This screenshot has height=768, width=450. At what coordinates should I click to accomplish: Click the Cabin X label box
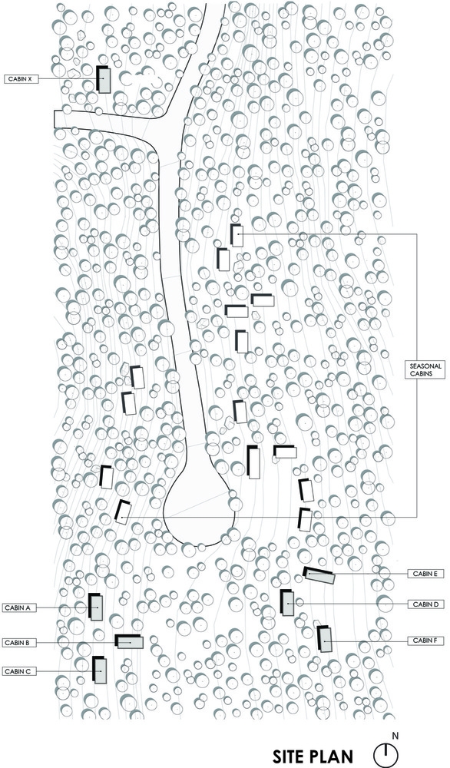tap(21, 78)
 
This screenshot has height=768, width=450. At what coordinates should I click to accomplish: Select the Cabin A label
tap(18, 607)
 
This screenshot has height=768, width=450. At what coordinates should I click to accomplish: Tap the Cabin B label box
tap(18, 642)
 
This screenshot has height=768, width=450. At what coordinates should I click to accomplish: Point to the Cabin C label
tap(18, 671)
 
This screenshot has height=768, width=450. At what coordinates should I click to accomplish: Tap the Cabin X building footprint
tap(104, 79)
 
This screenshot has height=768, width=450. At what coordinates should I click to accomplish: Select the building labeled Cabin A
tap(96, 607)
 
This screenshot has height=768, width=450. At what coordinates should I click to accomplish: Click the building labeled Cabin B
tap(129, 641)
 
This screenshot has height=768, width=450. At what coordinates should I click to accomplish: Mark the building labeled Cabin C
tap(99, 670)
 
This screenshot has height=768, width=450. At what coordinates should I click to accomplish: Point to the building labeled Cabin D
tap(287, 603)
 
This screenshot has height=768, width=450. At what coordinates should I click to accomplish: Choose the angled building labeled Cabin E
tap(319, 575)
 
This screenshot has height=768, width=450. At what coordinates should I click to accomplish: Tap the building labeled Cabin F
tap(324, 639)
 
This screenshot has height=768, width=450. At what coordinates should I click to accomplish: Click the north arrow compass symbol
tap(385, 755)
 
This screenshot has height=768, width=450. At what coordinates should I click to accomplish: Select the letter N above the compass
tap(395, 736)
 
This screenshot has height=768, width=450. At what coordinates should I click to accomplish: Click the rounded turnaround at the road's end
tap(200, 509)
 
